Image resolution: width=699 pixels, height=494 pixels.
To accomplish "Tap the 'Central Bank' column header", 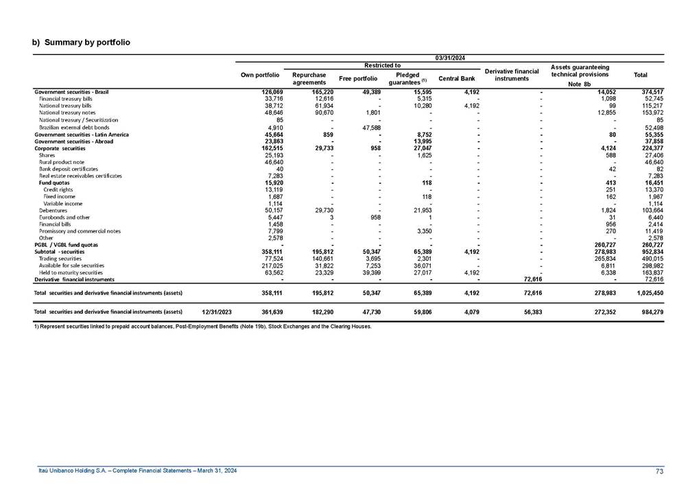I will [x=456, y=78].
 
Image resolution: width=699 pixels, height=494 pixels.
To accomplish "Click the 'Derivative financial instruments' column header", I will [x=511, y=75].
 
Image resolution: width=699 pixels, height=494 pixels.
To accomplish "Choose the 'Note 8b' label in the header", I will [x=579, y=84].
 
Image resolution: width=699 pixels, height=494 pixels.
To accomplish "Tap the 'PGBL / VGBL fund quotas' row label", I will [x=67, y=244].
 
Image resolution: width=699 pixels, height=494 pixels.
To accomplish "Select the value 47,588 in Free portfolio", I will [x=367, y=127].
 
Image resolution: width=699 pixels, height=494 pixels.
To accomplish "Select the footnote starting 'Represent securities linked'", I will [x=202, y=327].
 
